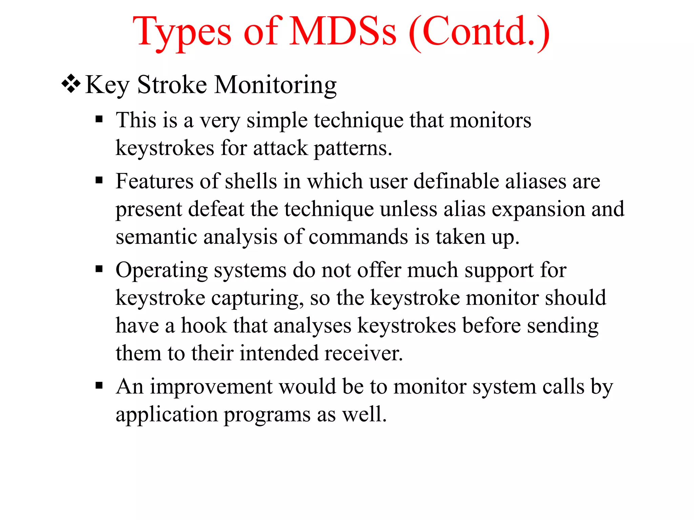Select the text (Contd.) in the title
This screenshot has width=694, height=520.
click(479, 32)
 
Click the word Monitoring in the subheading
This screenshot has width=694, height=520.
click(275, 85)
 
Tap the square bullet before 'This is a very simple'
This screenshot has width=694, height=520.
click(99, 119)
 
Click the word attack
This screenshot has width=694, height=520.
click(280, 148)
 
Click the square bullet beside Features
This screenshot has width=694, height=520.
click(99, 180)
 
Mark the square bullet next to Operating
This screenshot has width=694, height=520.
click(99, 269)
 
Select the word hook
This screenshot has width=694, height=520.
click(204, 326)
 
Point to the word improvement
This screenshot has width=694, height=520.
click(211, 387)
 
